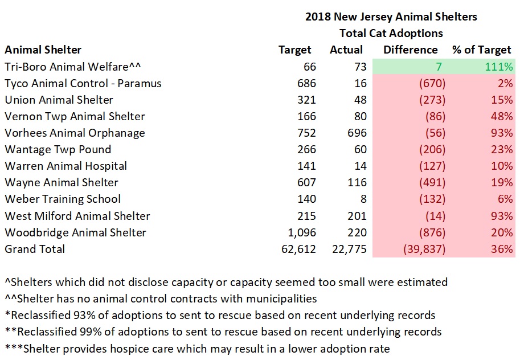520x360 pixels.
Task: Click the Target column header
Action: pos(295,50)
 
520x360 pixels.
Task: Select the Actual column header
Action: pos(346,50)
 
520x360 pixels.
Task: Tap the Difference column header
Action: pos(410,50)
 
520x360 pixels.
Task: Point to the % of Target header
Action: pos(482,50)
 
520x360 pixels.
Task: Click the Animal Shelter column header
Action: pos(43,50)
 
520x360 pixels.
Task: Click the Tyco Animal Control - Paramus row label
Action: pos(83,83)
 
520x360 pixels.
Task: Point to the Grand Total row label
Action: pos(35,249)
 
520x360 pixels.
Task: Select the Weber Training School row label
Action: pos(63,199)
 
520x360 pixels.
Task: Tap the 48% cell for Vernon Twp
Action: pos(502,117)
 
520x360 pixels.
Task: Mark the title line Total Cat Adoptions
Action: pos(391,33)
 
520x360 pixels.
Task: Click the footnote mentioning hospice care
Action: pos(197,348)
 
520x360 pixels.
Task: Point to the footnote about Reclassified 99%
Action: pos(223,332)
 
